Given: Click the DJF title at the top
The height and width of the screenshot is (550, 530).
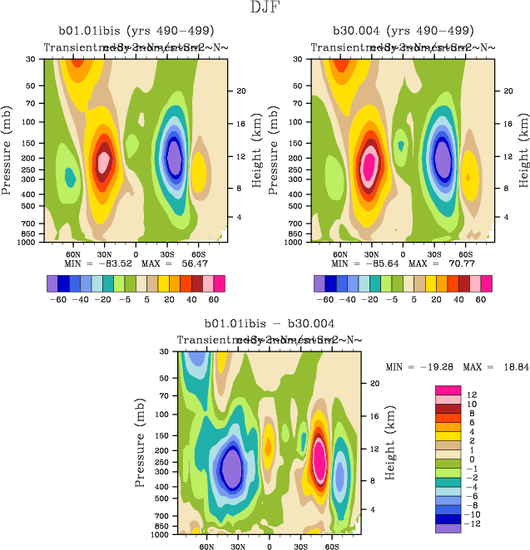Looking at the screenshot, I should (265, 8).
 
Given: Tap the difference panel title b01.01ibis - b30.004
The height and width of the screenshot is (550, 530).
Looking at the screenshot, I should (270, 325).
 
